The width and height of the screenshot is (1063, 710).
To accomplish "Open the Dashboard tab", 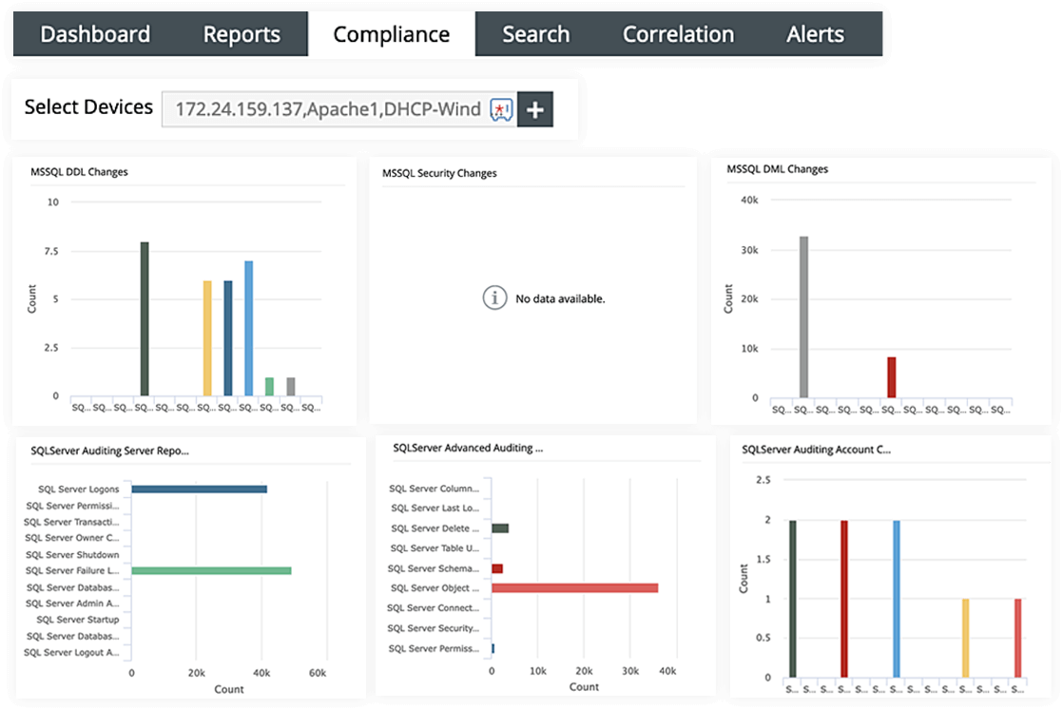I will (x=95, y=34).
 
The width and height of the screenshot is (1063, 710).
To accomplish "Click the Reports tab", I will (x=242, y=34).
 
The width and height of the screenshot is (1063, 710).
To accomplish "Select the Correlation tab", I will (x=678, y=34).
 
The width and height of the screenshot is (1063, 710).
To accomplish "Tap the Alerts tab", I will (x=815, y=34).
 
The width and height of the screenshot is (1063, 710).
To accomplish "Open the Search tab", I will (x=535, y=34).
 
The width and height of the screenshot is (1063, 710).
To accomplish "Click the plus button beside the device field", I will (x=535, y=110).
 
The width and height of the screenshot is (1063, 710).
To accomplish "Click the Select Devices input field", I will (x=328, y=110).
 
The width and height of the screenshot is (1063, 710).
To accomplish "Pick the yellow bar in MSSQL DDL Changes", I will (x=207, y=337).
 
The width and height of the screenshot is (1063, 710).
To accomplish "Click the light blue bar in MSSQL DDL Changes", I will (x=248, y=328).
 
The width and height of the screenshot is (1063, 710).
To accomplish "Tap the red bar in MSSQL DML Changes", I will (x=891, y=377).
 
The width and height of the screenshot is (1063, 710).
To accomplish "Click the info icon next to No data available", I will (x=493, y=298).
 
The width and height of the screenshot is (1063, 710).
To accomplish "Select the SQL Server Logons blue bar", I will (x=199, y=489).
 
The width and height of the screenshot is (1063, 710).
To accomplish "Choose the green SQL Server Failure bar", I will (x=211, y=570).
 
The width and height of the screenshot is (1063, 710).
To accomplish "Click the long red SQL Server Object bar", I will (x=574, y=588).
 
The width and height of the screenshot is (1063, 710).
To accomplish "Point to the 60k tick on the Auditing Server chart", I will (x=317, y=672).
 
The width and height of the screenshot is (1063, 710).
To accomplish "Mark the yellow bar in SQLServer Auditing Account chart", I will (x=965, y=638).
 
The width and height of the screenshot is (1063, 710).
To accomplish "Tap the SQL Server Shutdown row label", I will (x=72, y=555).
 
